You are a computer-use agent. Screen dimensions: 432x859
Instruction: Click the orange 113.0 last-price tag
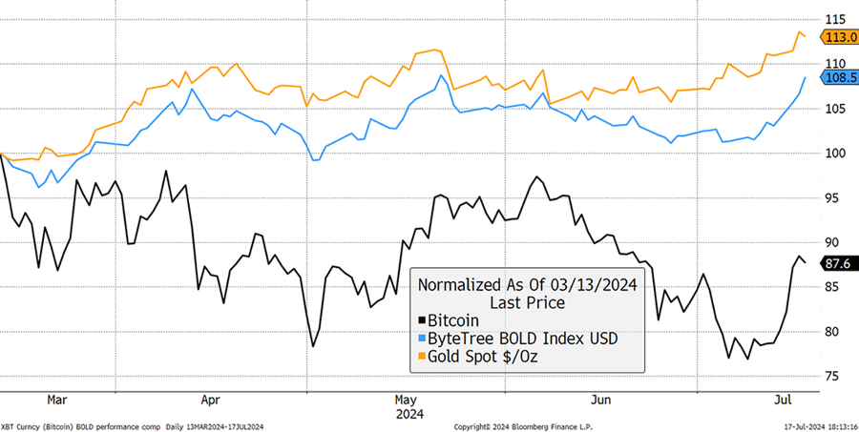(x=841, y=36)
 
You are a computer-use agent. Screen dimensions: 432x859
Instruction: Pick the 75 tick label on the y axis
(x=833, y=377)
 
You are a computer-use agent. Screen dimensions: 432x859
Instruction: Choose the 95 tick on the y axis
(x=833, y=197)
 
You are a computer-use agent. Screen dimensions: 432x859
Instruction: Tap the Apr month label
(x=211, y=400)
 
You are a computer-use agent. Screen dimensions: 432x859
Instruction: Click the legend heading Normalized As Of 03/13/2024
(x=527, y=284)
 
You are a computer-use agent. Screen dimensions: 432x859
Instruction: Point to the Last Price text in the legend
(x=527, y=302)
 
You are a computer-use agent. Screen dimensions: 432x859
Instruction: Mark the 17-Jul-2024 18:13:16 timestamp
(x=807, y=425)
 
